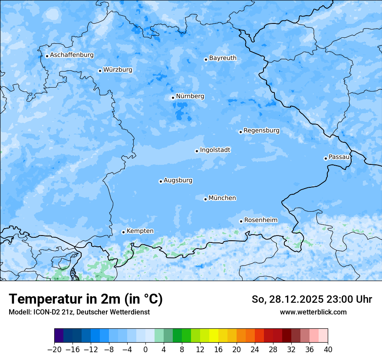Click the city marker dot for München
pos(206,199)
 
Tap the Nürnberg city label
pos(190,96)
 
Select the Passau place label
pos(339,157)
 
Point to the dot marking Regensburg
pos(240,132)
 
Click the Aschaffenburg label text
pos(72,55)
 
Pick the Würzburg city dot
pos(100,71)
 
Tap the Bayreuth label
pos(223,58)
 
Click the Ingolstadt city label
pos(215,150)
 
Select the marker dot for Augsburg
pos(161,181)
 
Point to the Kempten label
pos(140,231)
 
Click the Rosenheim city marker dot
pos(241,221)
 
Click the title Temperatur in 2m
pos(86,299)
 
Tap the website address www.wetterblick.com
pos(313,312)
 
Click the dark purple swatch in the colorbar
pos(59,336)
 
